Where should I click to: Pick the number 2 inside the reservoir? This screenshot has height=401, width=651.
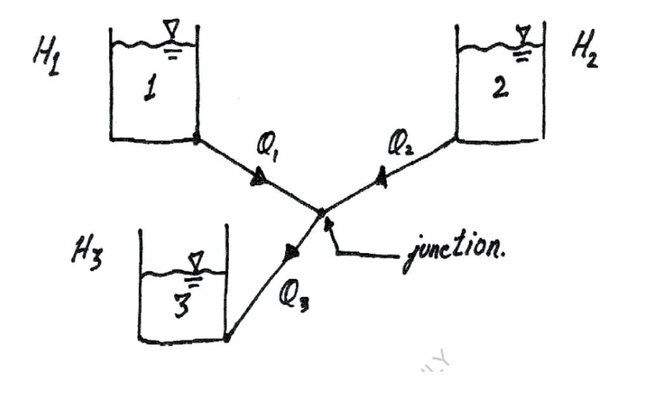click(x=499, y=88)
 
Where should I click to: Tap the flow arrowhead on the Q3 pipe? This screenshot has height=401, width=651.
click(x=291, y=253)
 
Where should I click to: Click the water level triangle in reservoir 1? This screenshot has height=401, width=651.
click(x=171, y=29)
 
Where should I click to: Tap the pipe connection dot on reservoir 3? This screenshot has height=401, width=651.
click(x=227, y=338)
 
